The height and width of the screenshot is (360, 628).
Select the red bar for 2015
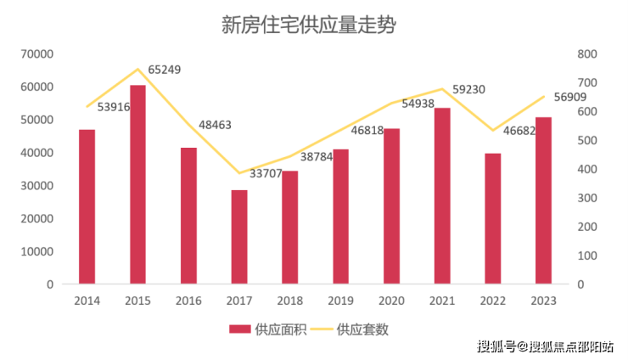137,184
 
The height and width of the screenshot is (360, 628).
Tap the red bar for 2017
239,237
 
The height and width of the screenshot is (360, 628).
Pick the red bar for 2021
442,195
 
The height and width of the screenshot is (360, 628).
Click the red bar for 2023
543,200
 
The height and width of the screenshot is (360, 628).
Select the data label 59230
468,88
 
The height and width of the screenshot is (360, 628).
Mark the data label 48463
216,125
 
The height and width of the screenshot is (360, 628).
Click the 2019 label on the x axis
340,301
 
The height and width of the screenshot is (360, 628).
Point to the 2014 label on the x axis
87,301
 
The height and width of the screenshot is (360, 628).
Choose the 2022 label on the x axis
492,301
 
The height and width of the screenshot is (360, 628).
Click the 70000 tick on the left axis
36,54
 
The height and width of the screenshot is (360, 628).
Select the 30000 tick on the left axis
36,186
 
